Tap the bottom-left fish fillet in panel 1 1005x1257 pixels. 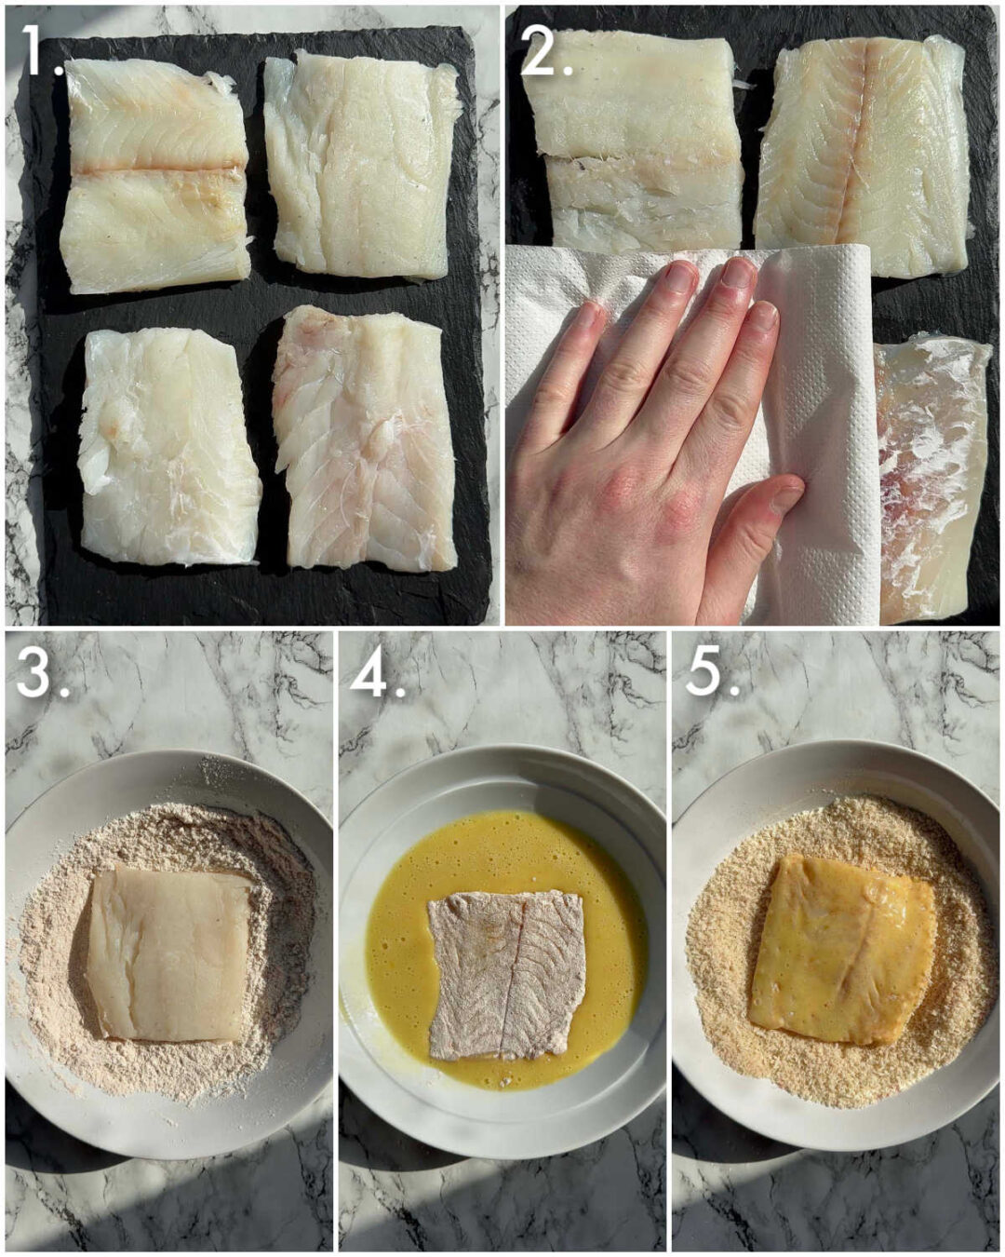tap(167, 447)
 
